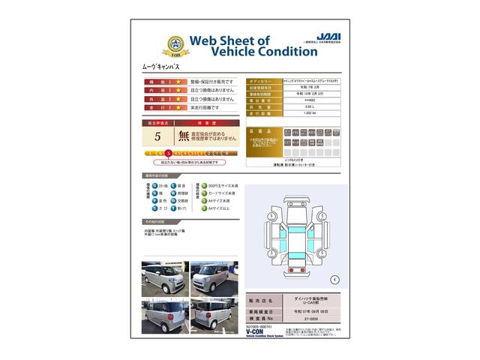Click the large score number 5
click(x=157, y=136)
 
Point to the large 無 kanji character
click(x=184, y=136)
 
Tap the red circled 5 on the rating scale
click(x=178, y=152)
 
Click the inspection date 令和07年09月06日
click(x=314, y=308)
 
